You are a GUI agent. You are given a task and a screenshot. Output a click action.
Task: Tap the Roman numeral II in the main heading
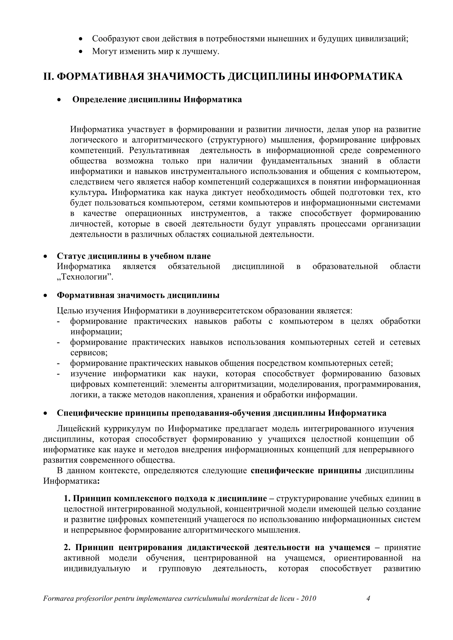[x=49, y=76]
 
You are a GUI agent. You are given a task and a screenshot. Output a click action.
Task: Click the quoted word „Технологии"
[x=85, y=277]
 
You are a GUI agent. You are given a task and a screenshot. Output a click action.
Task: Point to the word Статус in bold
[x=71, y=256]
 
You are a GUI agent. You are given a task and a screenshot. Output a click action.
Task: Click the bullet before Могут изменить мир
[x=81, y=52]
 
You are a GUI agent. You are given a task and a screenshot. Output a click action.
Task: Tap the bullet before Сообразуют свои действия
[x=81, y=39]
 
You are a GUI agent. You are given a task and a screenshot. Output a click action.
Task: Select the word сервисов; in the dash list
[x=89, y=353]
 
